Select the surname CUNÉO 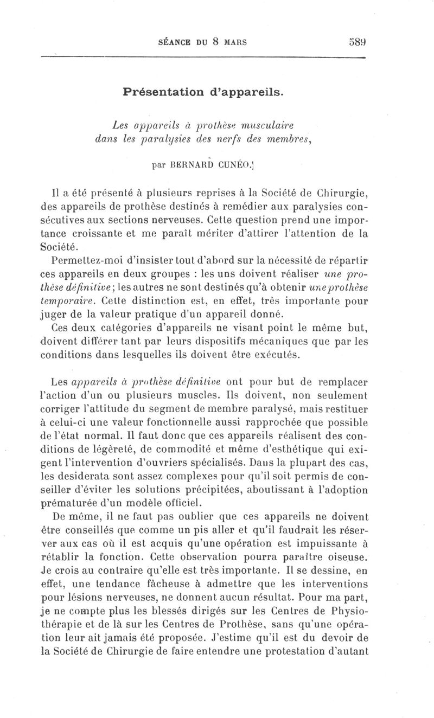click(x=234, y=162)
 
